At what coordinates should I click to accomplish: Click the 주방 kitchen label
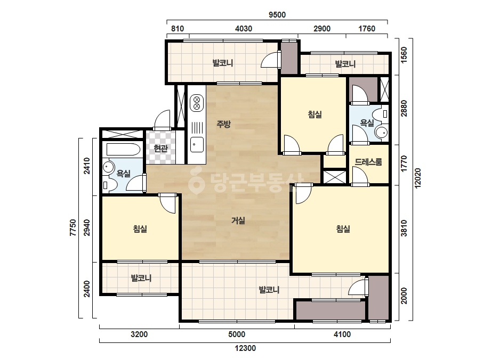click(224, 124)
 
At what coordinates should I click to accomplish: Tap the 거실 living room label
click(238, 220)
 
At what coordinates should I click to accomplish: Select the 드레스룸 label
click(368, 162)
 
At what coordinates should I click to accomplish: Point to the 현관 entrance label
click(160, 148)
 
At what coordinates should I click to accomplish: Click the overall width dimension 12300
click(245, 348)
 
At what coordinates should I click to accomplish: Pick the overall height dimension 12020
click(417, 178)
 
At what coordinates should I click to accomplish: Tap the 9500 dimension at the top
click(277, 15)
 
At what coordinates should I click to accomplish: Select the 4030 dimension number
click(244, 29)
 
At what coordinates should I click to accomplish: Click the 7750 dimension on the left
click(73, 228)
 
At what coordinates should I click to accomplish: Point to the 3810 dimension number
click(404, 228)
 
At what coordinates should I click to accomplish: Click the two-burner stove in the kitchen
click(197, 103)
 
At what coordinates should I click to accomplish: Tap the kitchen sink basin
click(197, 144)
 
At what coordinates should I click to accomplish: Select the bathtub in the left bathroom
click(123, 149)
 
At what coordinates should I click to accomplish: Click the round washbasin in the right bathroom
click(381, 133)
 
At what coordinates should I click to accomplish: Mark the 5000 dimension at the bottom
click(237, 334)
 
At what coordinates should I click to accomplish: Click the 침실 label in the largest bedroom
click(343, 229)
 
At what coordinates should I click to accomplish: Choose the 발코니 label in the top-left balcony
click(223, 63)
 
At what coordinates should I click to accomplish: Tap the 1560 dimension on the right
click(404, 55)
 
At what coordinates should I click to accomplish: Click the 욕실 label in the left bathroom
click(123, 173)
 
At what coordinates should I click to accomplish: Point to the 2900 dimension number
click(322, 29)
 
